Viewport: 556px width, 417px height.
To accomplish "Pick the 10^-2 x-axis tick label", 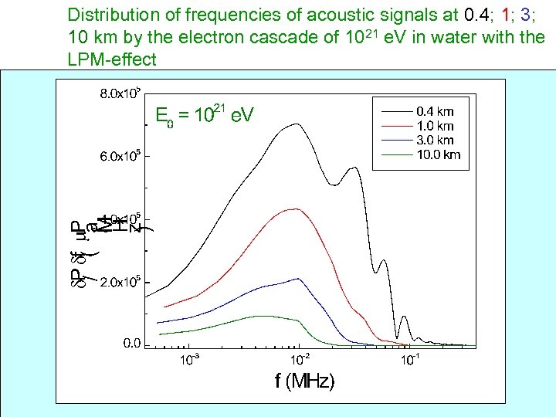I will point(299,359).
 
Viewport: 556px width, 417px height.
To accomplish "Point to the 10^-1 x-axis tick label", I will point(410,359).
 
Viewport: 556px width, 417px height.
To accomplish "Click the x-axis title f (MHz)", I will point(305,381).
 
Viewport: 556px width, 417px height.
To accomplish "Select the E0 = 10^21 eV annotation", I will point(204,115).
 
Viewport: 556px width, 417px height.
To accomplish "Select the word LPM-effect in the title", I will point(112,59).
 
